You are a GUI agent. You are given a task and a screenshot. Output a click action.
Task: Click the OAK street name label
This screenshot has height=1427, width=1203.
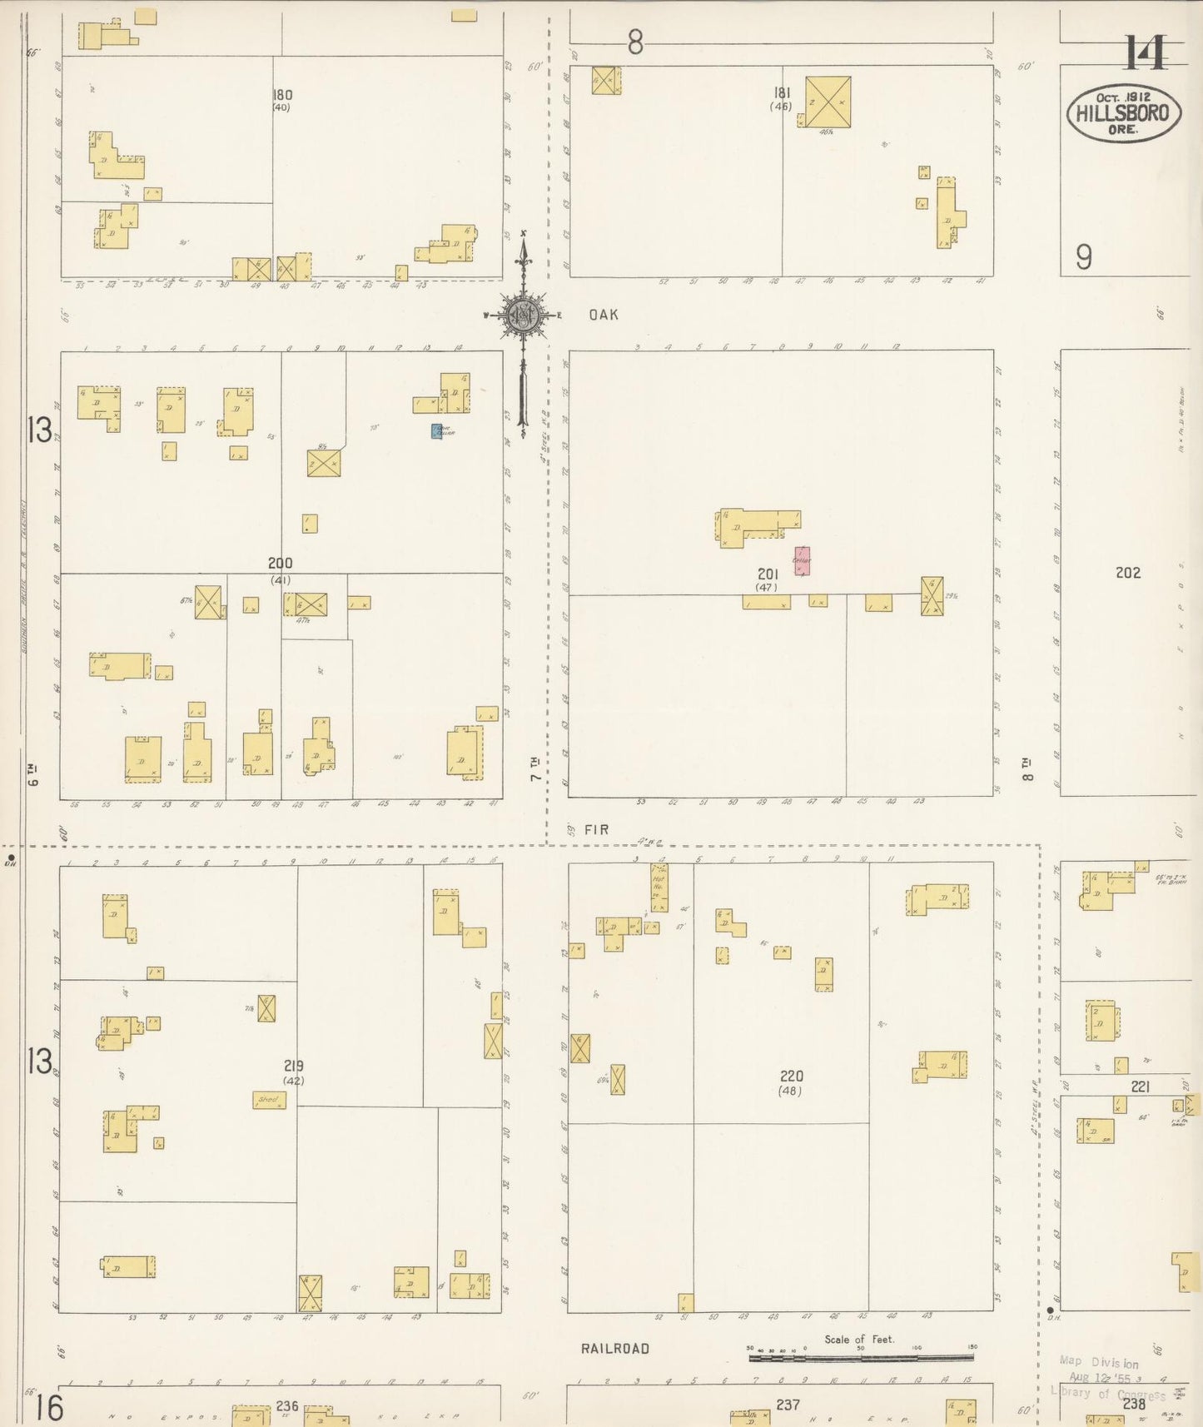(x=604, y=315)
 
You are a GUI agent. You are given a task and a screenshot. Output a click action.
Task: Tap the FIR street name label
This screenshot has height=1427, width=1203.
(x=596, y=829)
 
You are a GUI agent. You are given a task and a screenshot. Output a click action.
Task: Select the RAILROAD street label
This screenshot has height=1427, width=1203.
(x=615, y=1348)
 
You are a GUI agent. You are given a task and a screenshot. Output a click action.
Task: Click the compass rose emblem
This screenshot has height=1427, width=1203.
(x=524, y=316)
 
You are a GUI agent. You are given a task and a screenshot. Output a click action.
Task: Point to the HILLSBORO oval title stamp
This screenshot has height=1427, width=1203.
(x=1123, y=113)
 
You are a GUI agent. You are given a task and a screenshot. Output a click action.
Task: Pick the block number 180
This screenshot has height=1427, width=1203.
(x=281, y=95)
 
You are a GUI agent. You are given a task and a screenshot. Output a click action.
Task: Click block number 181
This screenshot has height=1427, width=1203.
(x=782, y=92)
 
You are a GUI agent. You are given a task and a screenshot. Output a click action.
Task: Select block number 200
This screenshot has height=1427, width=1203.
(x=280, y=564)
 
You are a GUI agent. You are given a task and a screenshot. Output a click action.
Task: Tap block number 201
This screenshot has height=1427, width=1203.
(x=767, y=574)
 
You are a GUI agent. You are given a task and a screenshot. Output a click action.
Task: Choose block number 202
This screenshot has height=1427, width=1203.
(x=1127, y=573)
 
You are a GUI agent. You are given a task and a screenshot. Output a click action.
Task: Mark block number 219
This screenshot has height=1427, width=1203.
(x=293, y=1066)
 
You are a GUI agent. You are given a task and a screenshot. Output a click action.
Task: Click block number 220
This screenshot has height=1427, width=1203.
(x=791, y=1076)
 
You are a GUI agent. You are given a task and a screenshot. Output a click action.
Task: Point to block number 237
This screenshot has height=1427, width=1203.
(x=788, y=1405)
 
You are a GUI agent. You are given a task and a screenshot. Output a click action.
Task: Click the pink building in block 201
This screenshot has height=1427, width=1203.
(x=802, y=561)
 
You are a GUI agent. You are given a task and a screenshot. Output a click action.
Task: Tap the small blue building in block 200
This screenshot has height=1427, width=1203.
(x=436, y=431)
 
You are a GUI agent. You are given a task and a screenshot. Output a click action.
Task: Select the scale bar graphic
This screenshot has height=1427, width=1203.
(x=861, y=1358)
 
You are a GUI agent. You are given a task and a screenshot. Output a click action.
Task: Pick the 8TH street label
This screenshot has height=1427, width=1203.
(x=1027, y=768)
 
